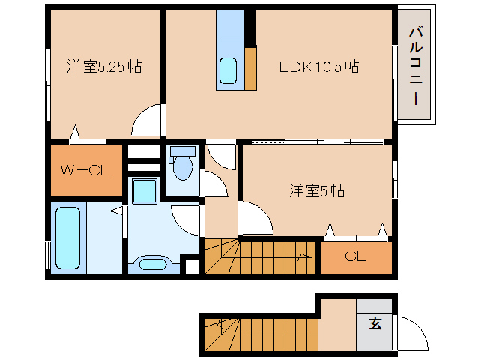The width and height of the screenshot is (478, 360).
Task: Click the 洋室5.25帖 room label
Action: click(104, 67)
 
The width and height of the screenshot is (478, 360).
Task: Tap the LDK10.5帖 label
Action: click(318, 67)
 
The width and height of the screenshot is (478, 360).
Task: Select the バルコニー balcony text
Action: click(414, 64)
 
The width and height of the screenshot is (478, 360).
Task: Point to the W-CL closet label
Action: click(85, 170)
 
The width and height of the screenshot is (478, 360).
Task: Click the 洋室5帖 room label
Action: click(317, 190)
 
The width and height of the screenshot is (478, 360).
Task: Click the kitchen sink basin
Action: click(229, 71)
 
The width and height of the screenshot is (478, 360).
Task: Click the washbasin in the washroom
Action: click(154, 263)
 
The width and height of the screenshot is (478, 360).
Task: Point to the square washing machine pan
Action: click(144, 191)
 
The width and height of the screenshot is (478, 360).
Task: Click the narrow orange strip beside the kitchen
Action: click(250, 69)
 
